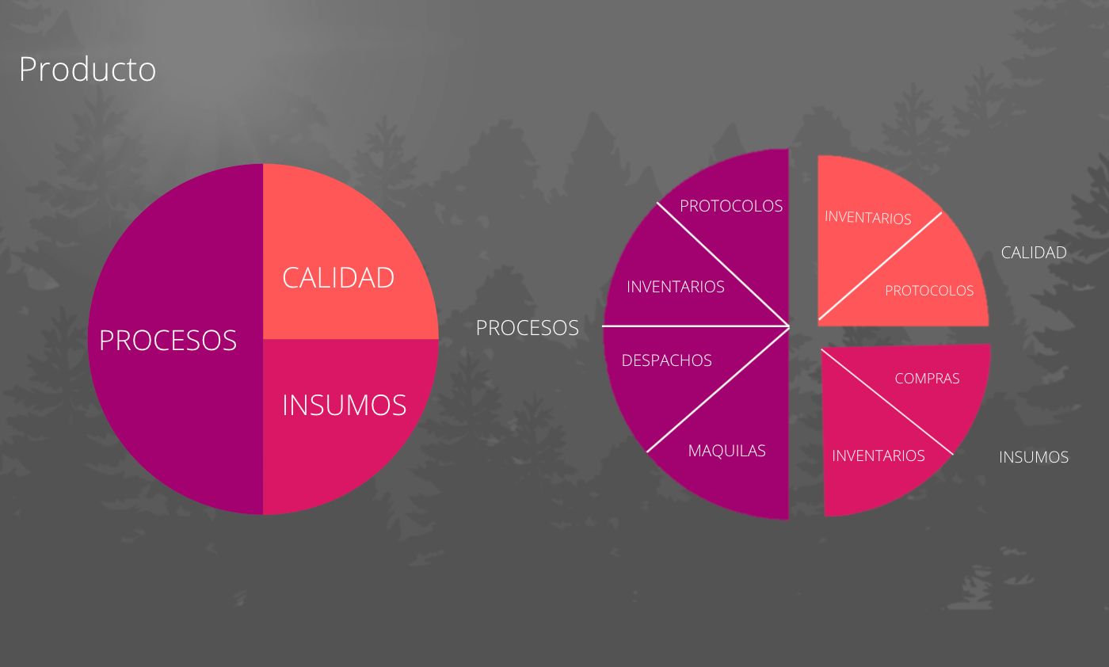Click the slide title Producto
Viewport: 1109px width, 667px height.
pos(87,69)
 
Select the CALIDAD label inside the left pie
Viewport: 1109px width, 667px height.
pos(338,277)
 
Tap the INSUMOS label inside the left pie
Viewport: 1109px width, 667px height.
pos(344,405)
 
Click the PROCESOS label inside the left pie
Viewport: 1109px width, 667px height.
pos(168,340)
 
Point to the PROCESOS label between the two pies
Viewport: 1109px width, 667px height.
pos(527,328)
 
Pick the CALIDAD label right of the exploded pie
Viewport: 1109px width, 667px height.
pos(1033,253)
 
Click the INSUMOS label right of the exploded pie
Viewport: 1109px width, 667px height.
pos(1033,457)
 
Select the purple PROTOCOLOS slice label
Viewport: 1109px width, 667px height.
pos(730,206)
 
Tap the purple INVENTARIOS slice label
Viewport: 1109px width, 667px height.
pos(675,287)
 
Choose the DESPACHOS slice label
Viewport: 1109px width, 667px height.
pos(666,360)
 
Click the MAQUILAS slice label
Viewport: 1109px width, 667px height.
pos(726,451)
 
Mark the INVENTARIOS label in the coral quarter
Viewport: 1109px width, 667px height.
pos(867,218)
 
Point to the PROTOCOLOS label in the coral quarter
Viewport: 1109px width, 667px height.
pos(928,291)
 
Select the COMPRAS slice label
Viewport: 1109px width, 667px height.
pos(927,379)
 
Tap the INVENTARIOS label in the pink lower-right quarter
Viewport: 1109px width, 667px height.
pos(878,455)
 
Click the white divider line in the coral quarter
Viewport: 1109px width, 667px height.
pos(879,266)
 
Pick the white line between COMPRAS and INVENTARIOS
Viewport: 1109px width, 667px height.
pos(887,401)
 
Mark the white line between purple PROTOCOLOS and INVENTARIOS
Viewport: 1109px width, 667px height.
pos(722,265)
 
